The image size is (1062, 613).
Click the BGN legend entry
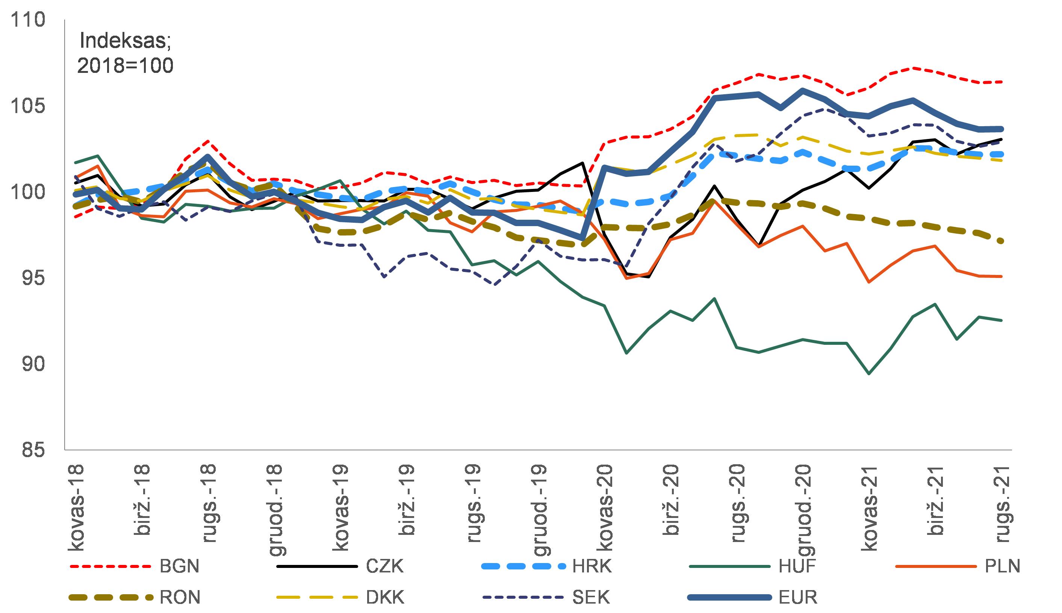tap(179, 566)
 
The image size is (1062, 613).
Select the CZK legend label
tap(384, 566)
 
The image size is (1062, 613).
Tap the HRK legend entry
tap(592, 566)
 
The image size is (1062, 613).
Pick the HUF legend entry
tap(797, 566)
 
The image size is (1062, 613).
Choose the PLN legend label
tap(1002, 566)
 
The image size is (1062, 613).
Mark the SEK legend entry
tap(591, 597)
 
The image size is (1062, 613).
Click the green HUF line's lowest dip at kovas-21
tap(869, 373)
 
